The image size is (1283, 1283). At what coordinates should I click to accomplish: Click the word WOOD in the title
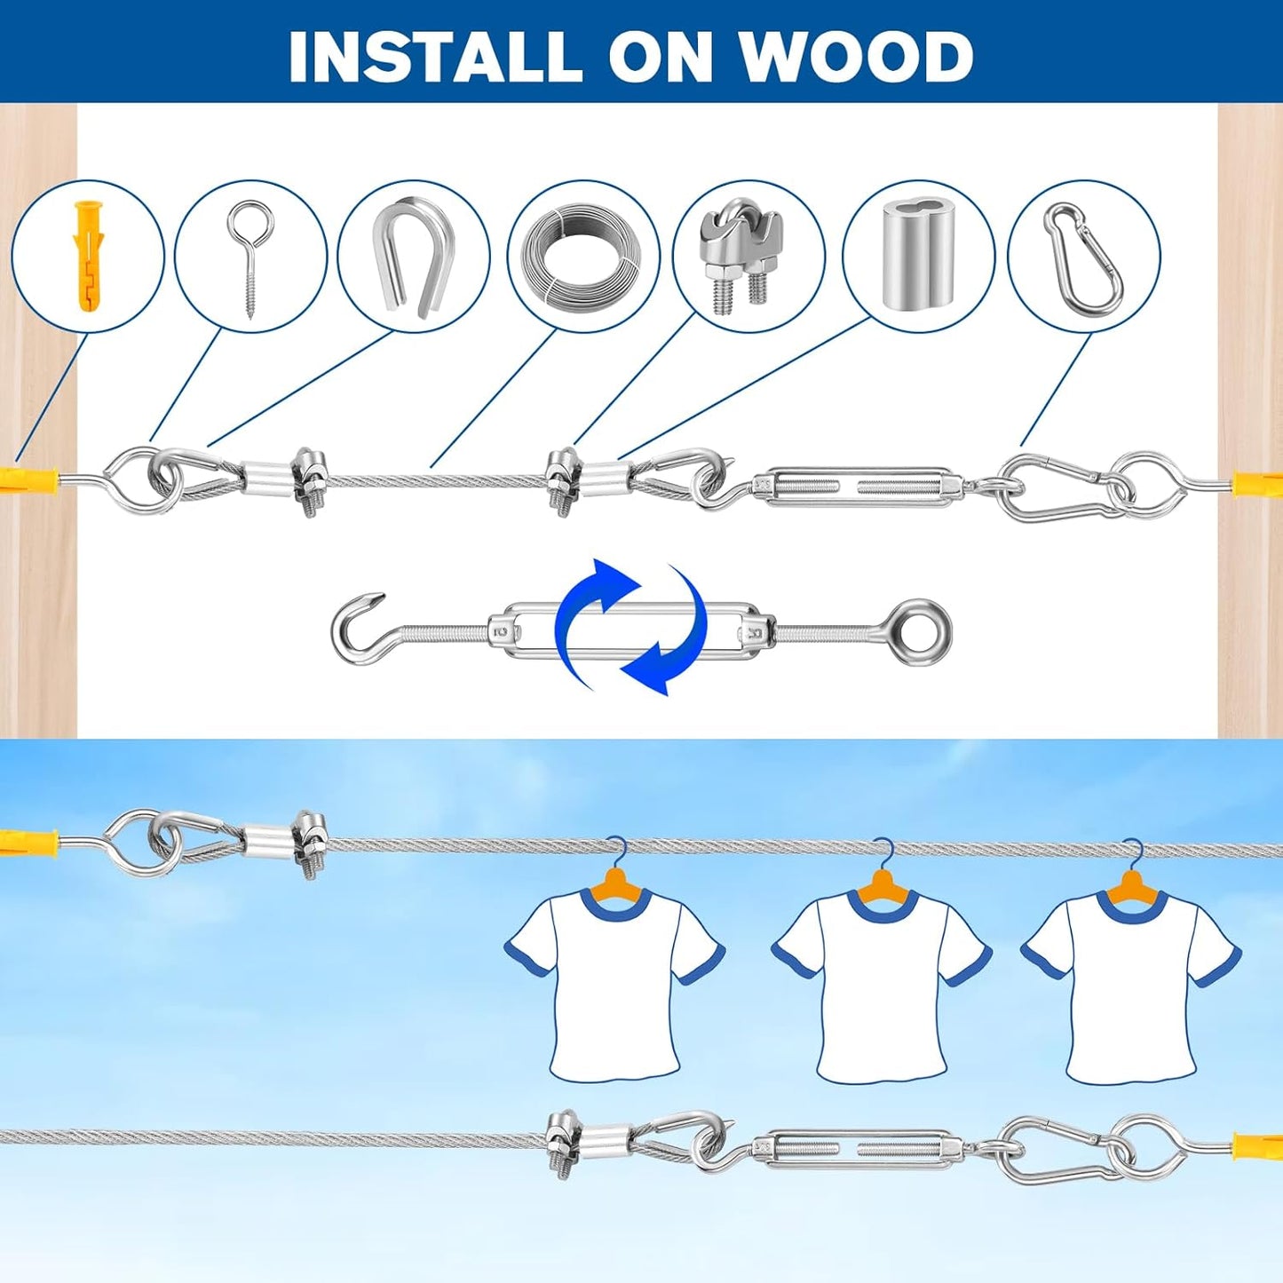(x=857, y=56)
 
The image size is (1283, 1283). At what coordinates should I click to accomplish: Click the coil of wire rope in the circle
(x=583, y=257)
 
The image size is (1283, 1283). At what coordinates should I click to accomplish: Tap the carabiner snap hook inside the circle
(x=1085, y=257)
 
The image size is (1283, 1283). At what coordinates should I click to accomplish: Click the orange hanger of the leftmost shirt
(x=614, y=884)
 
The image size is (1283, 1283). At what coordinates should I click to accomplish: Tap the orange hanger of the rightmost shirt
(x=1130, y=884)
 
